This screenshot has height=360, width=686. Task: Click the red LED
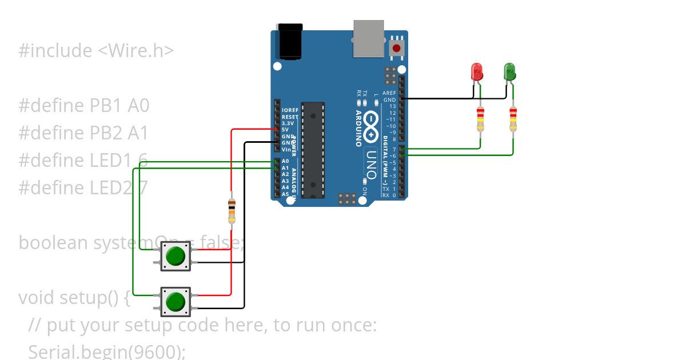pos(476,72)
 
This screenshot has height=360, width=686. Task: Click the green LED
pos(509,72)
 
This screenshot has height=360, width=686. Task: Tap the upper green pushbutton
pos(176,256)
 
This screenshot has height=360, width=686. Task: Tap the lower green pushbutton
pos(176,301)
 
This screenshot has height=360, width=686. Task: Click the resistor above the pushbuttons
pos(232,211)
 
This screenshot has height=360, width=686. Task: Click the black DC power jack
pos(289,41)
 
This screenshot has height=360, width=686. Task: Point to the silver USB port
pos(369,39)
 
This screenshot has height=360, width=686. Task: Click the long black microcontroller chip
pos(313,150)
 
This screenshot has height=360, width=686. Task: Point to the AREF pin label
pos(389,93)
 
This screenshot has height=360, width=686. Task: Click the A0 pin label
pos(285,161)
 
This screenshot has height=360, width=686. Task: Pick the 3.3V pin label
pos(288,123)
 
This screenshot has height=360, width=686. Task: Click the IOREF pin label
pos(290,110)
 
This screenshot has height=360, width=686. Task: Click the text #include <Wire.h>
pos(96,51)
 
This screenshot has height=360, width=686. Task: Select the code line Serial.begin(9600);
pos(107,351)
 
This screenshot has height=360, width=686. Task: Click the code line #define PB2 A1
pos(83,133)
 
